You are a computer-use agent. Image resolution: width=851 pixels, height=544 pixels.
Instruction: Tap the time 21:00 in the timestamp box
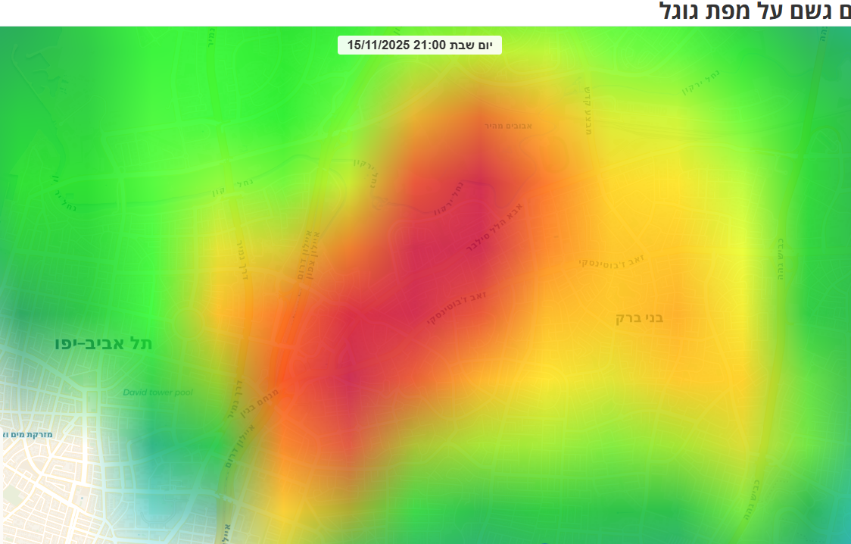click(x=429, y=45)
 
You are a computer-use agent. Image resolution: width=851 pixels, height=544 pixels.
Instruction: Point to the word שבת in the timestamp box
click(x=463, y=45)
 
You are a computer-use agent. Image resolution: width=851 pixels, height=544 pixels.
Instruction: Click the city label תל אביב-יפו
click(x=103, y=343)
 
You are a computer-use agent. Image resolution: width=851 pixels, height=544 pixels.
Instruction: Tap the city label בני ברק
click(x=639, y=317)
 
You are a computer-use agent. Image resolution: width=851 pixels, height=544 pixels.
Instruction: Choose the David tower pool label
click(x=158, y=392)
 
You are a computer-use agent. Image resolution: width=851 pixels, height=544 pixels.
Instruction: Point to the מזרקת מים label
click(x=29, y=434)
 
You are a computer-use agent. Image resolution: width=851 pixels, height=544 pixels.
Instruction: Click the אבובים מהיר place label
click(x=508, y=125)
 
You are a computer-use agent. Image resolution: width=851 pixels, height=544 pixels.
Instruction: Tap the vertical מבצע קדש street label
click(x=587, y=109)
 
